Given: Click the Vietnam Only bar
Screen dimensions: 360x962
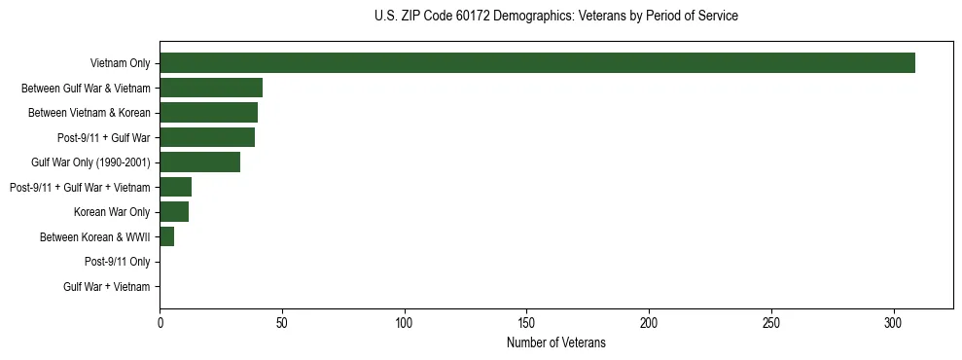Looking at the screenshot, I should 537,63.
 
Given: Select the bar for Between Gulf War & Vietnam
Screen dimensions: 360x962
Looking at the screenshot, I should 211,88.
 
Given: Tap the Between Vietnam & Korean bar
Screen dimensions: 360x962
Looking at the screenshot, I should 208,113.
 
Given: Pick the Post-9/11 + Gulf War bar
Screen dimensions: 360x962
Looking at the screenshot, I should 207,137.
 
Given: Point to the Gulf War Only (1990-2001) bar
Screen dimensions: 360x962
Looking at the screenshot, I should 199,162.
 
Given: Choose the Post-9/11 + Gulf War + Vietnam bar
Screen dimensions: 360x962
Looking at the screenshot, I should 175,187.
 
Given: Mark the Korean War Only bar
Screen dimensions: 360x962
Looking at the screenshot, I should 174,212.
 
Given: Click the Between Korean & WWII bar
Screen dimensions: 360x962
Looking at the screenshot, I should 166,236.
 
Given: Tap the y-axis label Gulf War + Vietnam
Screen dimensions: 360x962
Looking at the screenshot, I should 107,287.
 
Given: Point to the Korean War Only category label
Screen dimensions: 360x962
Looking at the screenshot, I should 112,212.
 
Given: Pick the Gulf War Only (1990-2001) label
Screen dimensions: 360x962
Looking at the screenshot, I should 90,162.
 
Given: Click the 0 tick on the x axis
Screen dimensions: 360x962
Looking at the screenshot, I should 160,321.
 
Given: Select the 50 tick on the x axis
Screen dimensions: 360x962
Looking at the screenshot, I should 282,321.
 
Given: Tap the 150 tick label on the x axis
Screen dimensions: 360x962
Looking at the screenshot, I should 526,321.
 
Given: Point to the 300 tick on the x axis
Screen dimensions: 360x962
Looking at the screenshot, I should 894,321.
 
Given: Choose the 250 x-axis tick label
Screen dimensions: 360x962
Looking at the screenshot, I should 771,321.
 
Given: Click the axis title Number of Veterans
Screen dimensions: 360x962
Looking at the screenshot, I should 555,342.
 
